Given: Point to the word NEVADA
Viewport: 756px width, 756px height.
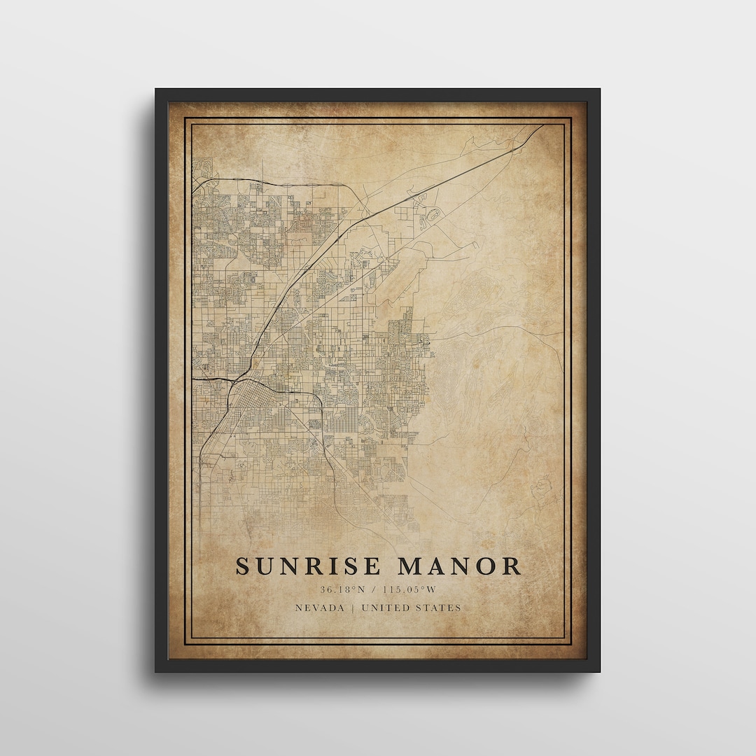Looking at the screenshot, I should pyautogui.click(x=320, y=608).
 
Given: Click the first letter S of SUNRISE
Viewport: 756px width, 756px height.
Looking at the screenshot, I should pyautogui.click(x=243, y=566).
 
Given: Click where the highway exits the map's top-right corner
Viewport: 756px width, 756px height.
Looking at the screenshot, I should pyautogui.click(x=542, y=127).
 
